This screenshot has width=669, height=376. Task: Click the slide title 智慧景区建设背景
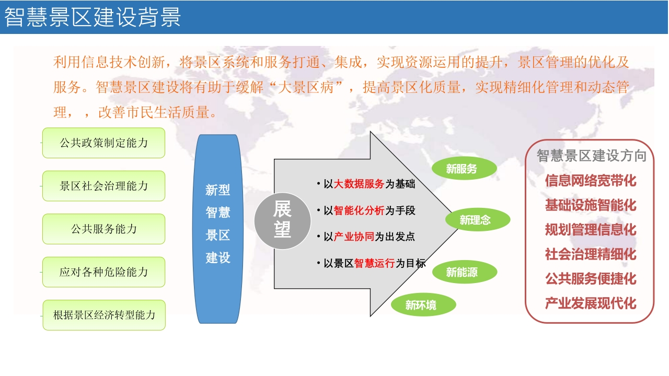tap(93, 17)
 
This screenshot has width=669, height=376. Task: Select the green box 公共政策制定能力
tap(103, 143)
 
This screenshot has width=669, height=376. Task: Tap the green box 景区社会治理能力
tap(103, 186)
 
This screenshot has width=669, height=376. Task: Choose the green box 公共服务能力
tap(103, 229)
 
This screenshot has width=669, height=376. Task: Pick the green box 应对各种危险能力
tap(103, 272)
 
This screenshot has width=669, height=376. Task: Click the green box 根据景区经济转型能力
tap(104, 315)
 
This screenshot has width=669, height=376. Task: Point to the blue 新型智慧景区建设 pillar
tap(218, 229)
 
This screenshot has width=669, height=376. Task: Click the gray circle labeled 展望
tap(282, 221)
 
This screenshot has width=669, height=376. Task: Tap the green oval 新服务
tap(464, 168)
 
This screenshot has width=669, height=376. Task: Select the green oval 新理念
tap(478, 220)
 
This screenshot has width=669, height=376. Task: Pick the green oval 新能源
tap(465, 272)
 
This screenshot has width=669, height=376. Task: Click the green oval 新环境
tap(423, 304)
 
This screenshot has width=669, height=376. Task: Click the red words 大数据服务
tap(359, 184)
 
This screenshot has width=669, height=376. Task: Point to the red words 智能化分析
tap(359, 210)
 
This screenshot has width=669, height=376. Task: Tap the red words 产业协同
tap(354, 237)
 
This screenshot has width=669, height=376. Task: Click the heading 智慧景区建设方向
tap(592, 156)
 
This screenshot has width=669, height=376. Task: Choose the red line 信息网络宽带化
tap(591, 181)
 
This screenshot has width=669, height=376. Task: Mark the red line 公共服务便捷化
tap(591, 279)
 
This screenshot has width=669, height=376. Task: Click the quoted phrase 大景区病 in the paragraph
tap(306, 87)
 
